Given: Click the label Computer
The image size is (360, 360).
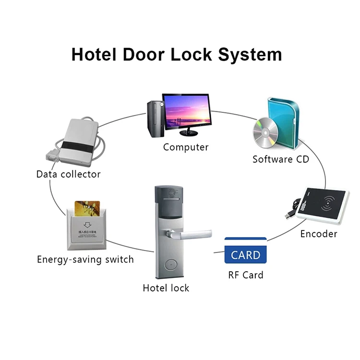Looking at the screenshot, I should [x=186, y=147].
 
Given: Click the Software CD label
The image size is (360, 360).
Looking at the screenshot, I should [x=281, y=159].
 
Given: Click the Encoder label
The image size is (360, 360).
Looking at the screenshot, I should [x=319, y=234].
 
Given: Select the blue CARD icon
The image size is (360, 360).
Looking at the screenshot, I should [x=245, y=251].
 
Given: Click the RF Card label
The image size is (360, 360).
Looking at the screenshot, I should [x=245, y=276].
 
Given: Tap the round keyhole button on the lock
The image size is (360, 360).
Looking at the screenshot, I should [x=169, y=263].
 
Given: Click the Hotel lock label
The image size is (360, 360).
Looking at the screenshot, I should [x=166, y=288].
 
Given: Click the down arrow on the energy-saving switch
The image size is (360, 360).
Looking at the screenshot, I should [x=87, y=224].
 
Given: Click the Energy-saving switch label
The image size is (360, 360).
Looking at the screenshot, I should [x=85, y=260].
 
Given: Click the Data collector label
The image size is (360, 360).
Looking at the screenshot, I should [x=69, y=174].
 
